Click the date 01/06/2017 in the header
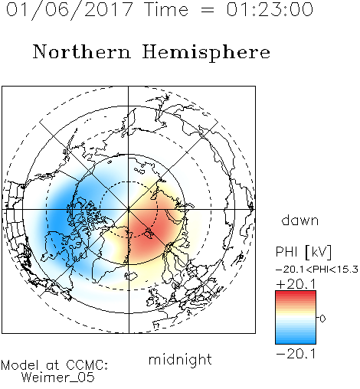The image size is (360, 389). point(70,10)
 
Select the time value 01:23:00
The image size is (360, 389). point(270,9)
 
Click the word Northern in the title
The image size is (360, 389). point(82,51)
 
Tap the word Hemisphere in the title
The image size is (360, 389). point(206,53)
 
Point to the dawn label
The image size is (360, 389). point(300,220)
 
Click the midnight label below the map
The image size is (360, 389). point(180,360)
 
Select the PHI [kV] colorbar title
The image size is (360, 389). point(303,252)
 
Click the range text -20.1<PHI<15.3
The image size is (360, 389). point(317,270)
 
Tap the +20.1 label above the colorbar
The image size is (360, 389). point(296,284)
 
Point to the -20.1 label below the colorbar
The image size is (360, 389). point(296,354)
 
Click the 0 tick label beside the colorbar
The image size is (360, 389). point(322,319)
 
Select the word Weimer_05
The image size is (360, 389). point(58,378)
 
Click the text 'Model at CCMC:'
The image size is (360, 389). point(54,365)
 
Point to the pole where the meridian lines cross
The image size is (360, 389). point(129,209)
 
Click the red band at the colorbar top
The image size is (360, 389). point(296,294)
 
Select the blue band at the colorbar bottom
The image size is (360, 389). point(296,340)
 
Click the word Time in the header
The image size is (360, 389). point(166,9)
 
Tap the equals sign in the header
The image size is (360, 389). point(208,10)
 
